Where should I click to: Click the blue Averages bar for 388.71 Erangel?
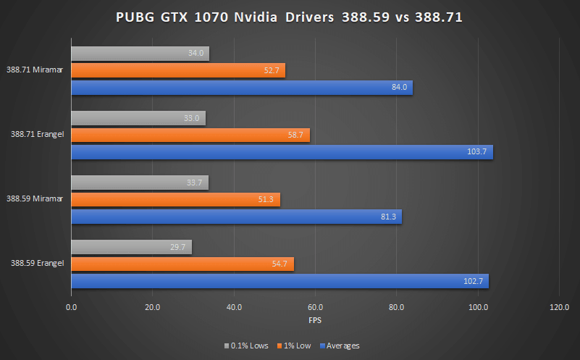(x=282, y=152)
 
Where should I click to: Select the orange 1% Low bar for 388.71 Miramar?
(x=177, y=70)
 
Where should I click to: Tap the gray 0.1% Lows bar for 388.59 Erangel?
(x=131, y=247)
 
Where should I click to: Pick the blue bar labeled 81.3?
(x=236, y=217)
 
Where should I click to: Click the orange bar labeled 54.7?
(x=182, y=264)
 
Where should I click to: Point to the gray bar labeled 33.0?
(x=138, y=118)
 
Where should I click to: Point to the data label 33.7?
(x=195, y=183)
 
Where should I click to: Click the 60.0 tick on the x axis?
(x=315, y=307)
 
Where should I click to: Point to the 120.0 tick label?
(x=559, y=307)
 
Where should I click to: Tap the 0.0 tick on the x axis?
(x=71, y=307)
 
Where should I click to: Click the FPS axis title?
(x=315, y=319)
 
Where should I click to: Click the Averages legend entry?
(x=341, y=346)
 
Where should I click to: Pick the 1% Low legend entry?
(x=296, y=346)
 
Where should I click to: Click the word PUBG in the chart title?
(x=134, y=17)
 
